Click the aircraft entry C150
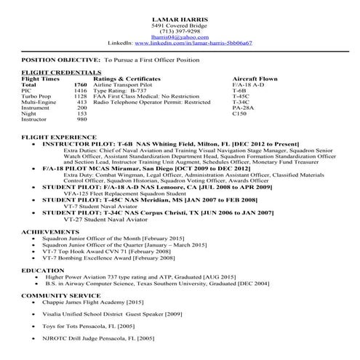click(x=239, y=113)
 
